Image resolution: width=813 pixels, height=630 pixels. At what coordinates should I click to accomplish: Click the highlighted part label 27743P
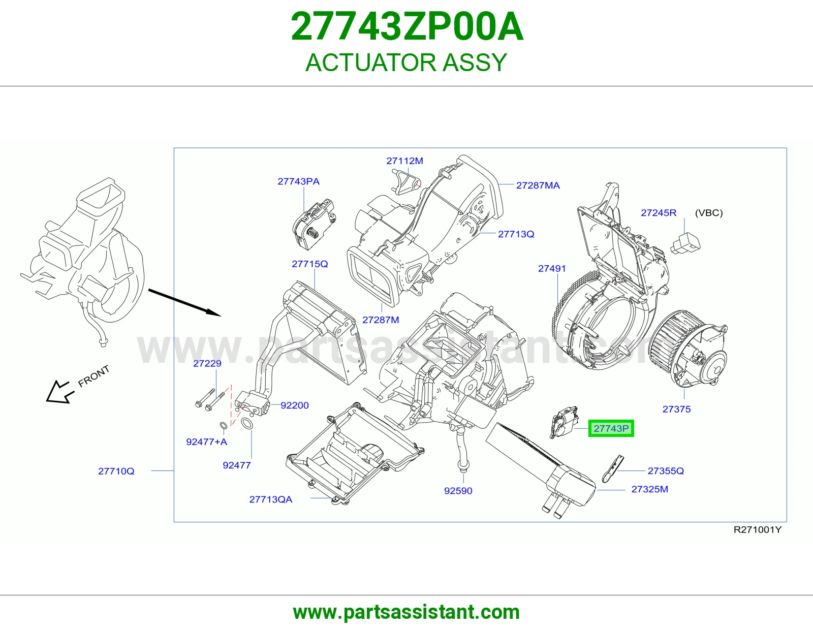point(611,428)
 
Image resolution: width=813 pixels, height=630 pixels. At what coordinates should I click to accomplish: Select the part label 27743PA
point(299,181)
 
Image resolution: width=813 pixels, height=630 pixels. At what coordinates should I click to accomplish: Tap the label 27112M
point(405,161)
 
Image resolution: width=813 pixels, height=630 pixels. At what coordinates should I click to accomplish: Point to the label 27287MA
point(538,185)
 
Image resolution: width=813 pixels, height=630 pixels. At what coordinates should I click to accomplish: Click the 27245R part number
point(659,213)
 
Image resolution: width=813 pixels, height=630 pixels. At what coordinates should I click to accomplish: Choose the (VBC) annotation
point(709,213)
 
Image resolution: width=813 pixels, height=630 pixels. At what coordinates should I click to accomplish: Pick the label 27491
point(552,269)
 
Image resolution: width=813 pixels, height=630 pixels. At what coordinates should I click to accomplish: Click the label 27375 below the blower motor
point(676,409)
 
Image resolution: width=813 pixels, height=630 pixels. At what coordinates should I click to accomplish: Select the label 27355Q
point(666,471)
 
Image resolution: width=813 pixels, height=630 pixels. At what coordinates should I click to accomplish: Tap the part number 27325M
point(649,489)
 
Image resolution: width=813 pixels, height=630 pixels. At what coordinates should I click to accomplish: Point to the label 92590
point(458,491)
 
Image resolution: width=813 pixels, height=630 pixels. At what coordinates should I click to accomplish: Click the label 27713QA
point(270,499)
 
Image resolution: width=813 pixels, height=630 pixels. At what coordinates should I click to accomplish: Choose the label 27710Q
point(116,471)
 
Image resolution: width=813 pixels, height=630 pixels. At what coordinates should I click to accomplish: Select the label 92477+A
point(206,442)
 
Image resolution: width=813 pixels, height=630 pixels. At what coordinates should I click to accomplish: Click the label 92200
point(294,405)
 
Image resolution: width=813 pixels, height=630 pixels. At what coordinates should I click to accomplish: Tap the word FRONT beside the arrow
point(93,376)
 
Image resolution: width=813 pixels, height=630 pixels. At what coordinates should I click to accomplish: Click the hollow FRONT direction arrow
point(59,392)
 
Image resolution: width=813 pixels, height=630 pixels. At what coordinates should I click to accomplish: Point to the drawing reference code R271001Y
point(757,530)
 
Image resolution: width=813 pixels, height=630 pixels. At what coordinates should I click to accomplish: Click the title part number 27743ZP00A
point(407,27)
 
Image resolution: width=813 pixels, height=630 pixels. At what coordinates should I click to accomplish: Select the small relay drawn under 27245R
point(685,243)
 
